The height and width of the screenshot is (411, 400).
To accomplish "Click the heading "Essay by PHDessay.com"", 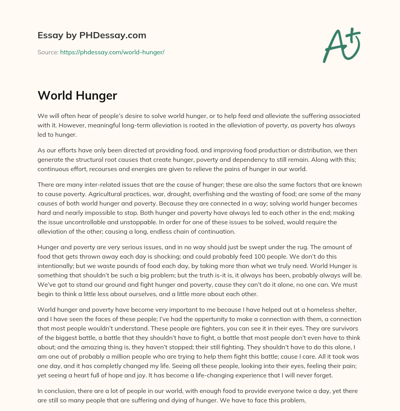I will pos(92,36).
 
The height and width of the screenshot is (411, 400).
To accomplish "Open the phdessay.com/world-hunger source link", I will pos(112,52).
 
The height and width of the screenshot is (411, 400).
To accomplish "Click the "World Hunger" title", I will pos(77,96).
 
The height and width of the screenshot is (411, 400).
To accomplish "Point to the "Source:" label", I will pos(48,52).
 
